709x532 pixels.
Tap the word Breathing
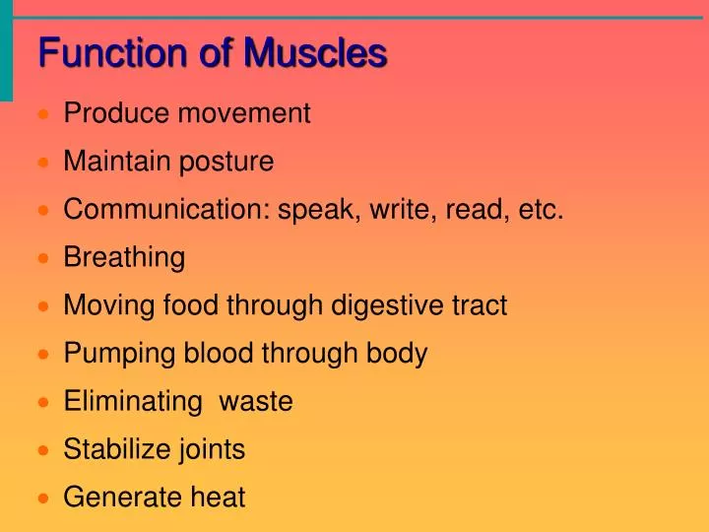[124, 258]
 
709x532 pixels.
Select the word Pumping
[115, 354]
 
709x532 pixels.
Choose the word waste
[255, 402]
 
